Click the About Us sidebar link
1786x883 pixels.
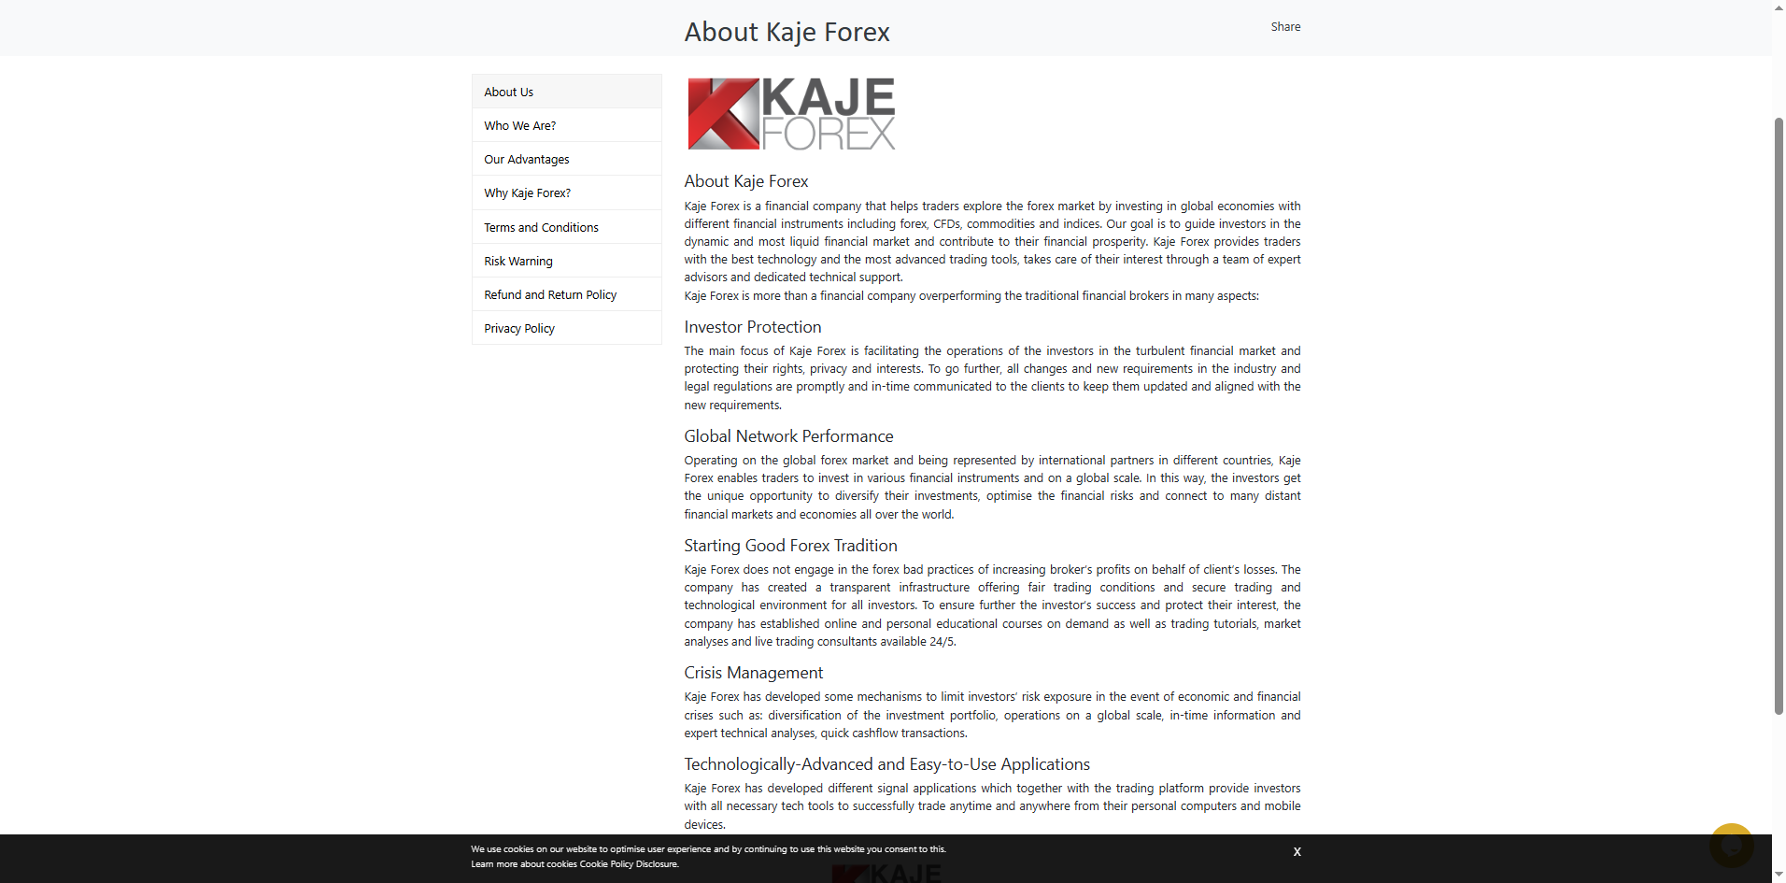[509, 93]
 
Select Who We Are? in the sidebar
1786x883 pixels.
[520, 126]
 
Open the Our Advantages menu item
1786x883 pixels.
[527, 160]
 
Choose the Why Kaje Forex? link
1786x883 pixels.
[528, 193]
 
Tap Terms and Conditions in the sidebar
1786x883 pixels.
[542, 228]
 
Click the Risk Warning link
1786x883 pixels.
[518, 262]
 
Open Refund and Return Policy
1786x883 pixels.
[550, 295]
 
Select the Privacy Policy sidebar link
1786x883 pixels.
[519, 329]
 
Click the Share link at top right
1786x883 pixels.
[1285, 27]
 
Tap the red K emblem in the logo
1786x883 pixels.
[723, 114]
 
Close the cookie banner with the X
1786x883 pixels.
[1297, 852]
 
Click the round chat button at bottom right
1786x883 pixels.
[1731, 846]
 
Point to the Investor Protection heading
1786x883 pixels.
[753, 327]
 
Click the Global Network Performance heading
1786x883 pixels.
[788, 436]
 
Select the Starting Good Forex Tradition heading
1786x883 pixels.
[790, 546]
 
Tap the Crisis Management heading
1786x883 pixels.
[754, 673]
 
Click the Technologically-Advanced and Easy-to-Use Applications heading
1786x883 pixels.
[886, 764]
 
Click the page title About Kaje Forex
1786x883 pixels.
[787, 33]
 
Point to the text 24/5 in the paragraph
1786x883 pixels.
[943, 642]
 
